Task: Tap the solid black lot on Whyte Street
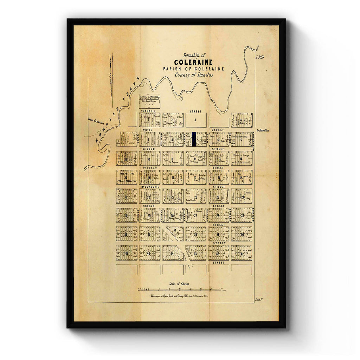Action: coord(194,139)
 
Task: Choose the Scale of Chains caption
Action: coord(180,284)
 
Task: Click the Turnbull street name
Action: coord(148,111)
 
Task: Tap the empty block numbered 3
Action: coord(196,120)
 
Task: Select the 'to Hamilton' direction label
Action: coord(263,130)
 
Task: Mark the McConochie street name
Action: coord(150,187)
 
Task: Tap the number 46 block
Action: coord(127,253)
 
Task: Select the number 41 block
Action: coord(242,253)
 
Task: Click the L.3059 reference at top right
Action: coord(260,57)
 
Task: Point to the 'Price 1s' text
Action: coord(259,300)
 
